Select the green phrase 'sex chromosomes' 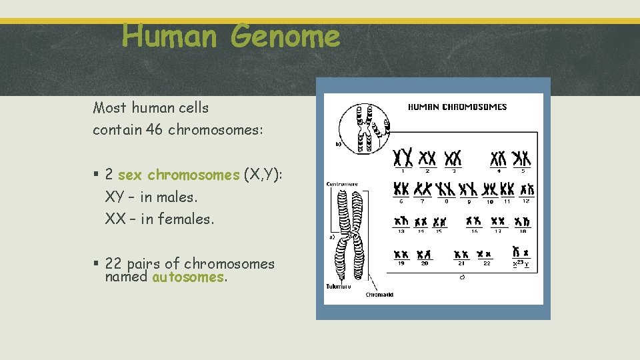click(x=178, y=175)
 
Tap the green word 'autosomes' click(x=188, y=277)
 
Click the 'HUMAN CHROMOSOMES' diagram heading click(x=457, y=107)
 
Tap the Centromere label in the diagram click(x=342, y=184)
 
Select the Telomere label click(x=338, y=286)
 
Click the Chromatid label click(x=379, y=294)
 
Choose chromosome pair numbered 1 click(x=402, y=157)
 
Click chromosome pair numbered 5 click(x=521, y=158)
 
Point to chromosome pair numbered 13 click(x=401, y=221)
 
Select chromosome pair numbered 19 click(x=401, y=254)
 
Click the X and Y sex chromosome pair click(x=521, y=253)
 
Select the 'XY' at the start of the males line click(x=115, y=197)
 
